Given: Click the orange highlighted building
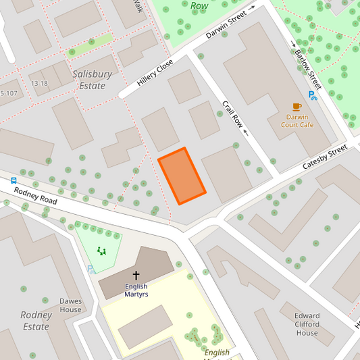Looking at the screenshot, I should tap(182, 176).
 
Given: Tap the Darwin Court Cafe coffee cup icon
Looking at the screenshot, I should tap(297, 107).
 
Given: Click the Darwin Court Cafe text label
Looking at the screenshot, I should tap(297, 120).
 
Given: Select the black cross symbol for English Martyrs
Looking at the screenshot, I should tap(136, 276).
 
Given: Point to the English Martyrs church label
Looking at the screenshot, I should tap(136, 290).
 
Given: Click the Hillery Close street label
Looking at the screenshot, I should tap(155, 72).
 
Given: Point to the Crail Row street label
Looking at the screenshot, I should tap(232, 113).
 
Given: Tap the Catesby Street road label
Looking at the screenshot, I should tap(324, 157).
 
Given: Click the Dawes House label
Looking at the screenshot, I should tap(70, 305).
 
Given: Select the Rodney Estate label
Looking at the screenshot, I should tap(36, 321).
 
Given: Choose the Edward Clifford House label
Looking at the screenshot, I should tap(307, 324).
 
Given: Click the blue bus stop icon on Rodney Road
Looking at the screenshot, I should tap(14, 180).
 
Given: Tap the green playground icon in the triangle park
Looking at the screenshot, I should tap(101, 251).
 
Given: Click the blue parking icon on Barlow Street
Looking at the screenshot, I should tap(312, 95).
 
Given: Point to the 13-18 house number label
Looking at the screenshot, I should tap(39, 84).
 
